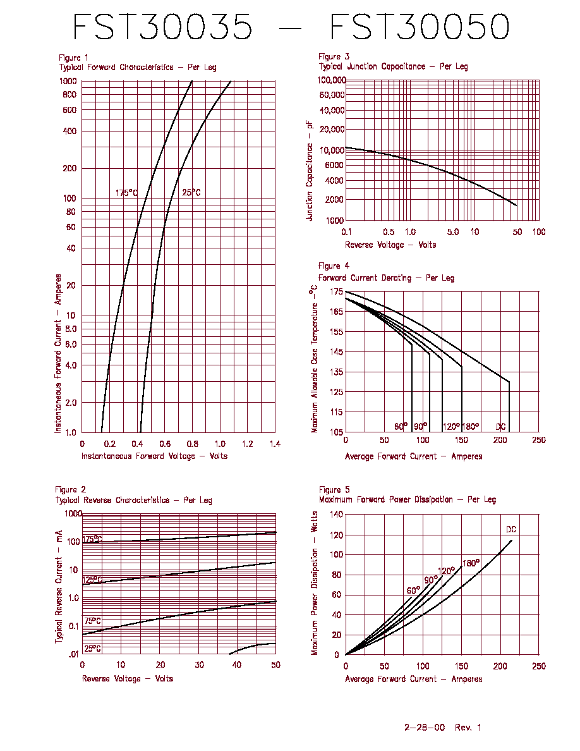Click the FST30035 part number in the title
pos(163,27)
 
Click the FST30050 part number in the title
pos(420,27)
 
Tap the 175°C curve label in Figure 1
pos(126,193)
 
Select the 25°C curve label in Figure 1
pos(191,193)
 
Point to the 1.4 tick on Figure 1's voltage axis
pos(275,444)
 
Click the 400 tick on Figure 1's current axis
pos(70,131)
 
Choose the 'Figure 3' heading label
pos(334,56)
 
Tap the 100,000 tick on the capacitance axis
pos(331,80)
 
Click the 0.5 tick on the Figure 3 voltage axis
pos(389,232)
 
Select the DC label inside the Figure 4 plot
pos(500,427)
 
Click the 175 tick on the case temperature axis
pos(336,291)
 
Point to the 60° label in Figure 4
pos(401,426)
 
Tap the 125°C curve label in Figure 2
pos(92,580)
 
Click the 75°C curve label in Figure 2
pos(93,621)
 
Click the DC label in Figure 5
pos(511,529)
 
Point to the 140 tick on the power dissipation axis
pos(336,515)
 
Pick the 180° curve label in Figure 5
pos(471,563)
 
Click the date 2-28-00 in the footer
pos(425,728)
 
